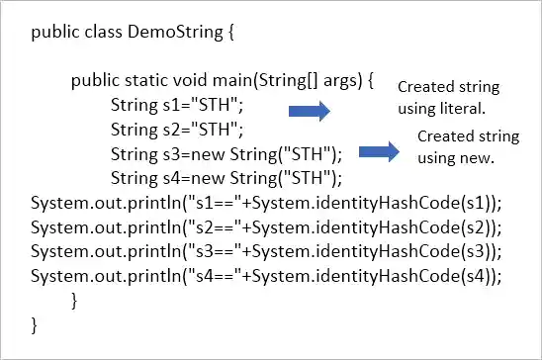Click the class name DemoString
pos(163,33)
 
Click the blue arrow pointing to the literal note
pos(308,111)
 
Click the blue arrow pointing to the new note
pos(378,152)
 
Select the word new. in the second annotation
pos(474,156)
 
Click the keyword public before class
pos(54,33)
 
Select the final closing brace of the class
pos(36,323)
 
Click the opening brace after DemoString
pos(229,33)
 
